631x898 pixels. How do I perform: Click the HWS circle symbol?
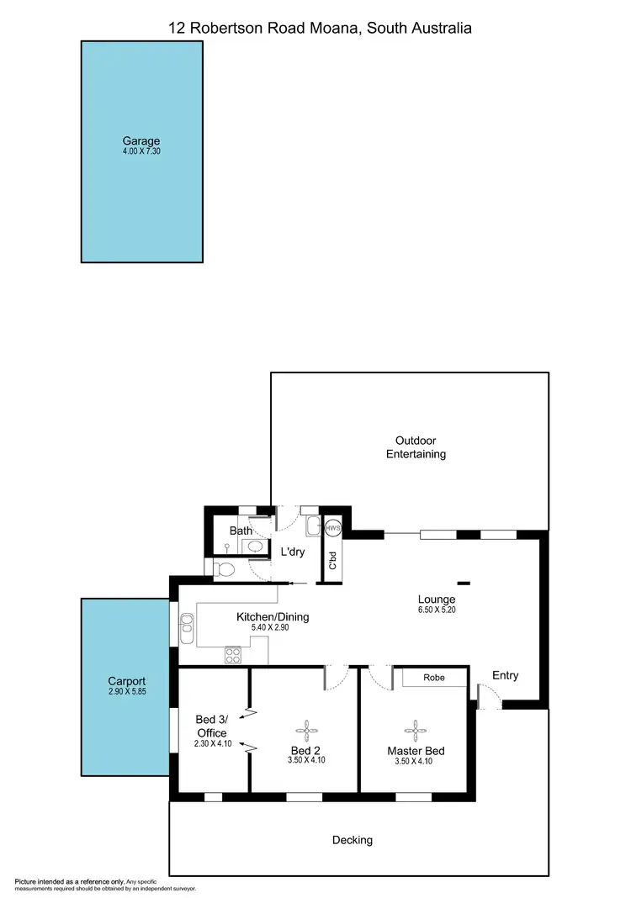[x=334, y=528]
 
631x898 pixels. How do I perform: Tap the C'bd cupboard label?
[x=333, y=560]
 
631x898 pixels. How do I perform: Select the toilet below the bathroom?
[x=225, y=569]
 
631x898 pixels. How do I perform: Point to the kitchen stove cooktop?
[x=232, y=655]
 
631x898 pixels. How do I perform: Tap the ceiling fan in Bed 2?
[x=306, y=728]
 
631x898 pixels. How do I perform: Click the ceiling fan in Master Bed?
[x=414, y=728]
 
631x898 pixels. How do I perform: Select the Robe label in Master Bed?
[x=433, y=678]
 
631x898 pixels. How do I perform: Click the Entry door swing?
[x=489, y=695]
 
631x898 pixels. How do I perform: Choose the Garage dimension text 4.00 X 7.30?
[x=141, y=152]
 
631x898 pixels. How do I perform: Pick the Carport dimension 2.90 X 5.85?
[x=127, y=692]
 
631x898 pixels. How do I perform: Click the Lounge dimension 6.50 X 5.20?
[x=437, y=610]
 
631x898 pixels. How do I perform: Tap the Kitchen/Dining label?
[x=273, y=616]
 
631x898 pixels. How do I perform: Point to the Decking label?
[x=352, y=839]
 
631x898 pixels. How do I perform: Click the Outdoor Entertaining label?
[x=416, y=447]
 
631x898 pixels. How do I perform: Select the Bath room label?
[x=241, y=531]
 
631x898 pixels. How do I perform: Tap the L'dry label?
[x=293, y=552]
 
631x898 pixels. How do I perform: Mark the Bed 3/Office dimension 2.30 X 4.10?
[x=210, y=743]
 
